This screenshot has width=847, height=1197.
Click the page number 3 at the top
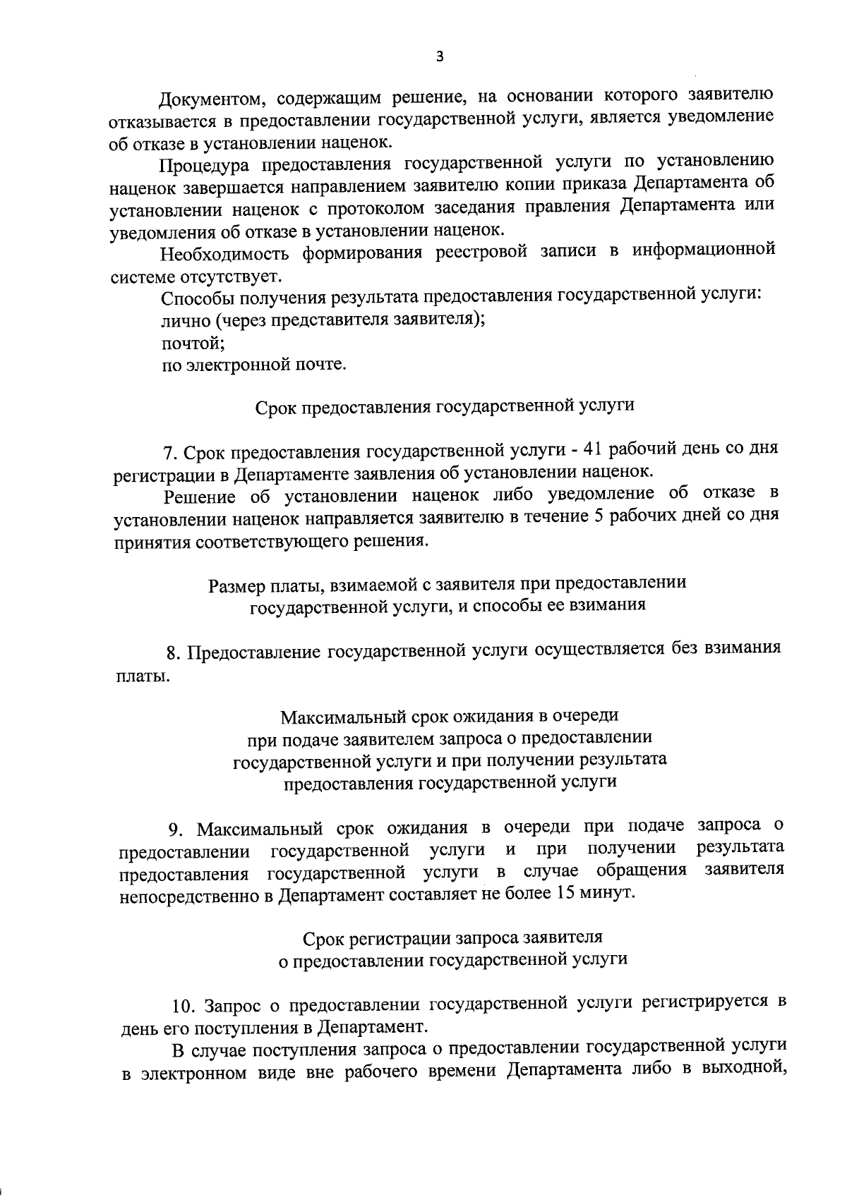pyautogui.click(x=440, y=57)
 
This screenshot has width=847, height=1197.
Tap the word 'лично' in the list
pyautogui.click(x=186, y=320)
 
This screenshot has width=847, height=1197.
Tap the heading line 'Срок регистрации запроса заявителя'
pyautogui.click(x=452, y=937)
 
